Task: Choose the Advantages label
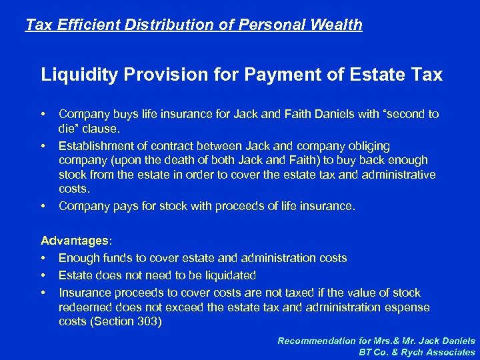[73, 240]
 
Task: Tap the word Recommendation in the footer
[318, 341]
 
